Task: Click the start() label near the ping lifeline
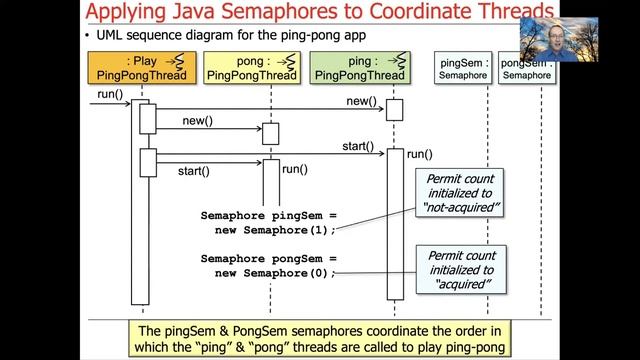click(358, 146)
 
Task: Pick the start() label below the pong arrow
click(194, 171)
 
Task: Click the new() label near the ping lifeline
click(361, 102)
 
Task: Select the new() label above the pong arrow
click(198, 121)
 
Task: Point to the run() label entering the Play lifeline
click(110, 94)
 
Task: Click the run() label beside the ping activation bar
click(419, 154)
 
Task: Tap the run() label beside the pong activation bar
click(294, 169)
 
